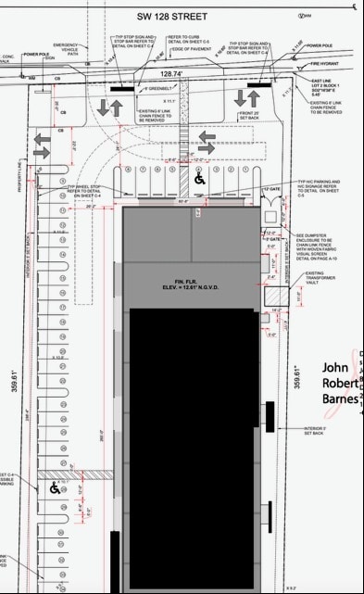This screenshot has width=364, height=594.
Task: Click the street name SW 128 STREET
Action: click(x=182, y=15)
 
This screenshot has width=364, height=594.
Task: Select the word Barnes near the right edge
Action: click(x=341, y=399)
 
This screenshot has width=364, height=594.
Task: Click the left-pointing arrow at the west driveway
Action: click(x=43, y=145)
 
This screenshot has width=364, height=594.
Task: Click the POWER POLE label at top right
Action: click(x=320, y=44)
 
